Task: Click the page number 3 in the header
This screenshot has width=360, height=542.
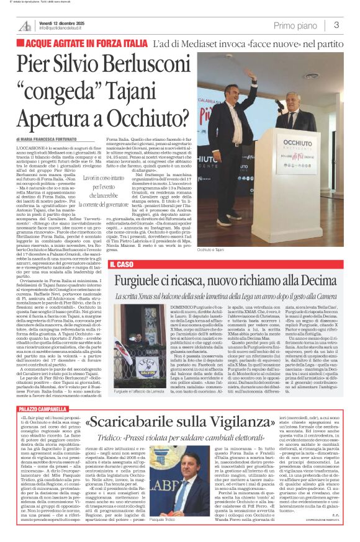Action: (336, 25)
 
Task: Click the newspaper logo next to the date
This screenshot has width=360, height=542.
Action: (25, 25)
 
